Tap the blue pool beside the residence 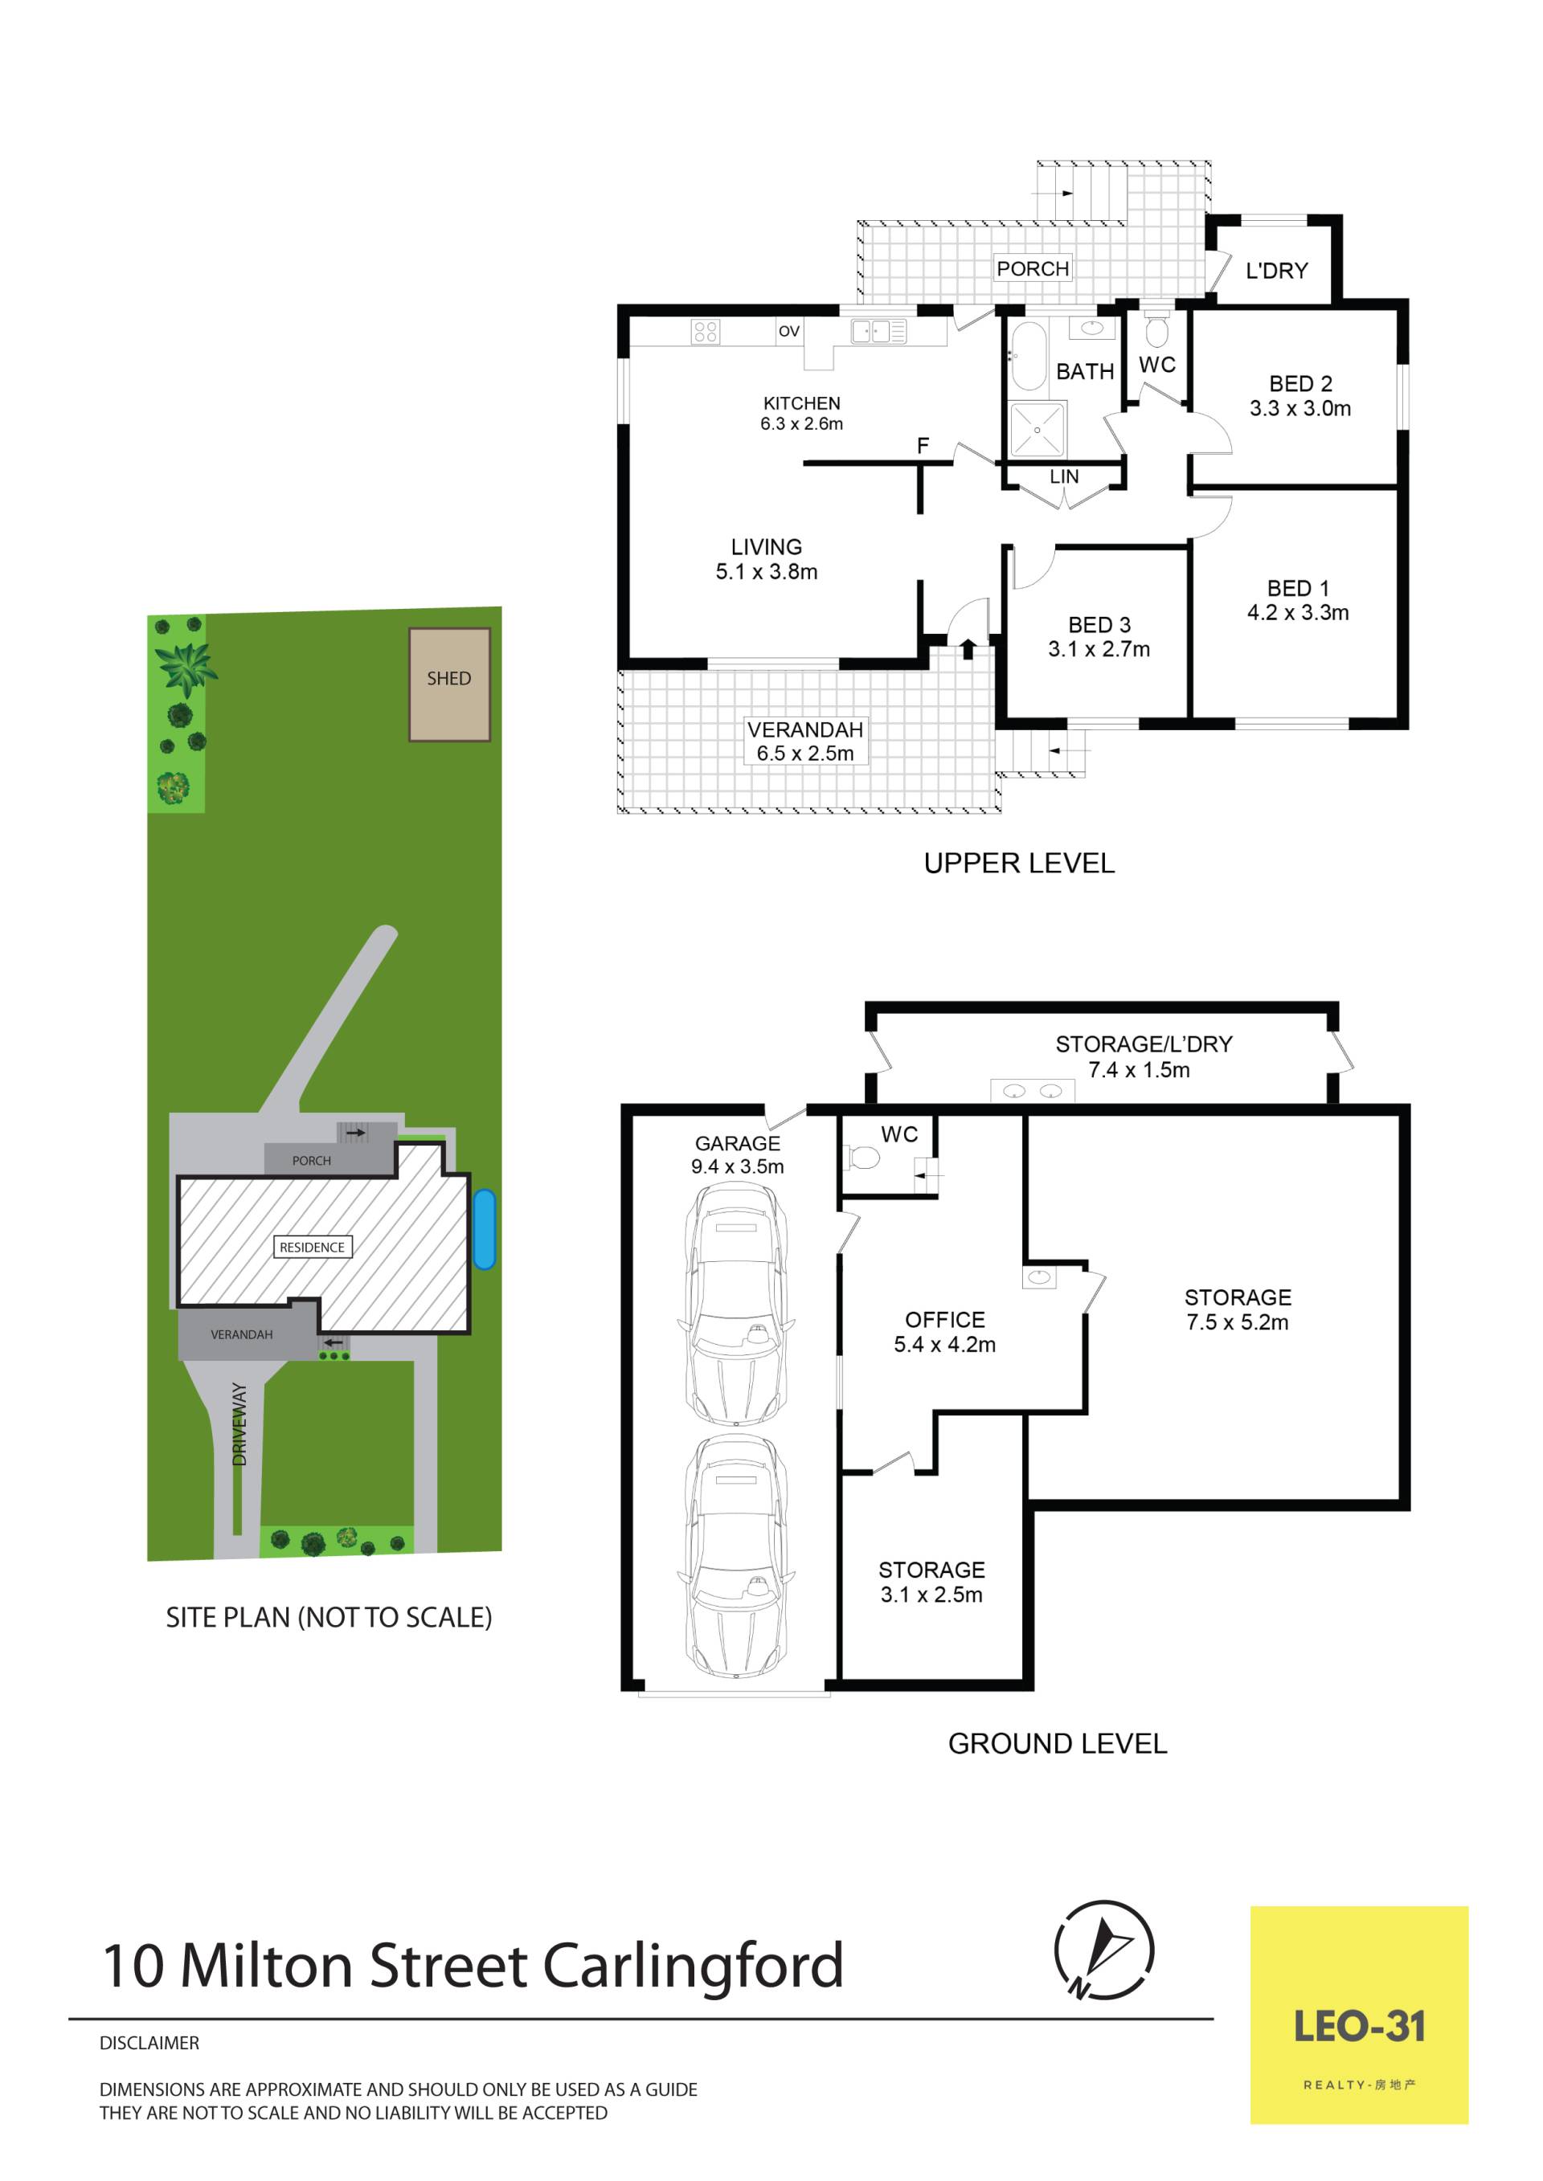(x=484, y=1229)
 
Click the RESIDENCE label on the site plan (x=313, y=1248)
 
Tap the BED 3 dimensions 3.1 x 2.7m (x=1099, y=650)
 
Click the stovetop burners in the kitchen (x=706, y=332)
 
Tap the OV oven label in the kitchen (x=788, y=332)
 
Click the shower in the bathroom (x=1038, y=429)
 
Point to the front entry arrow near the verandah (x=968, y=649)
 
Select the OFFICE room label (x=944, y=1319)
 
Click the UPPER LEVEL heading (x=1020, y=864)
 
